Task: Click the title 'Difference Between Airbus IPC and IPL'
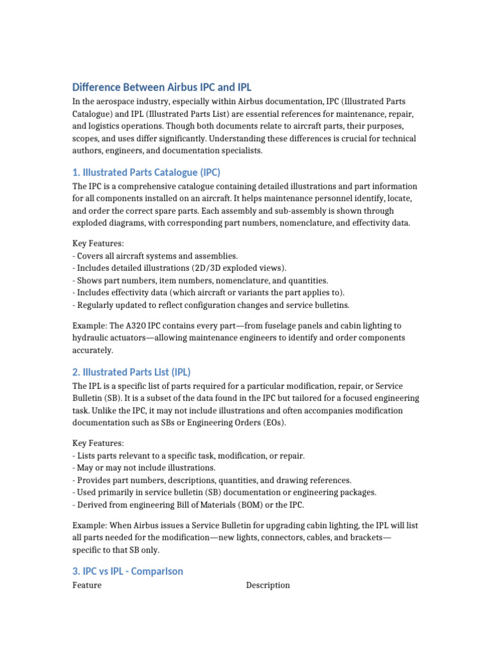166,87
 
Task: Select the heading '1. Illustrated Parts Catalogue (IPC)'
146,172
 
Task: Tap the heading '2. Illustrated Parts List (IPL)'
131,372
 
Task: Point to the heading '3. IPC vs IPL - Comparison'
127,571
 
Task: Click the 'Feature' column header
86,585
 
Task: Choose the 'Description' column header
268,585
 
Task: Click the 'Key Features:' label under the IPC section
98,244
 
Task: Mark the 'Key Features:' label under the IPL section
98,443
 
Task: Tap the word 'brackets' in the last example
368,537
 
